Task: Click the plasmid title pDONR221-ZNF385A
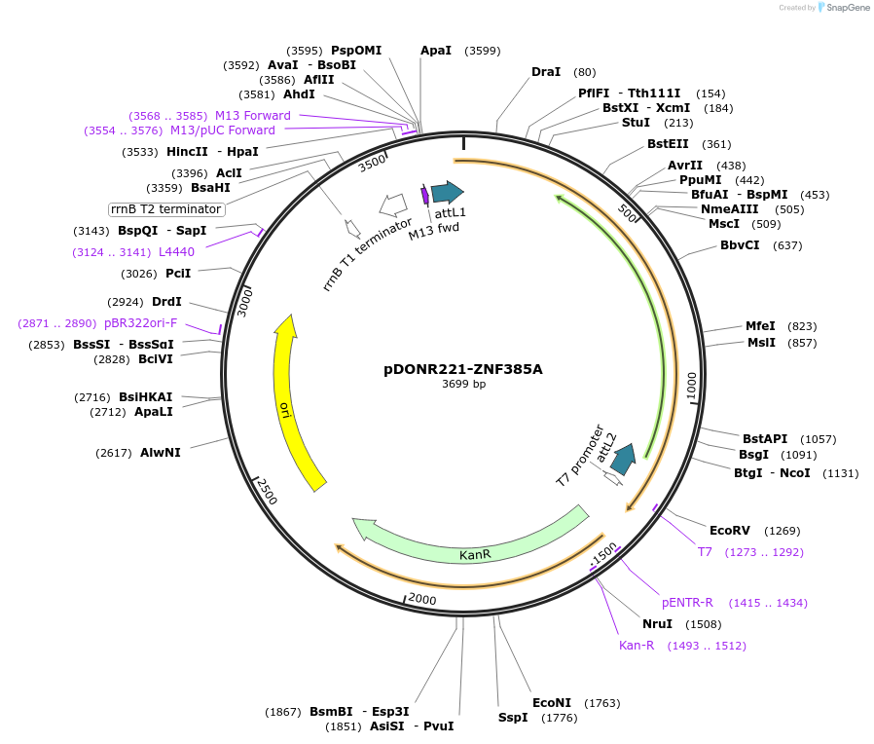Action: coord(463,369)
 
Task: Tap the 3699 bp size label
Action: coord(463,385)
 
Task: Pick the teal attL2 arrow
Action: coord(623,458)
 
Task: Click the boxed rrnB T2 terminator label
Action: coord(166,209)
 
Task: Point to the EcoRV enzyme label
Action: coord(729,531)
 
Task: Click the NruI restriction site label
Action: coord(657,623)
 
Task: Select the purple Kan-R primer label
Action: coord(637,645)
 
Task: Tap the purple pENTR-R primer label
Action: coord(687,602)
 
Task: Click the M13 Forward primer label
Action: coord(253,115)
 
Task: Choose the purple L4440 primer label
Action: coord(176,251)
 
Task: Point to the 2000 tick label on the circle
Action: coord(422,598)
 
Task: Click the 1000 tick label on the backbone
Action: coord(692,386)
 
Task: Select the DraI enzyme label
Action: coord(546,72)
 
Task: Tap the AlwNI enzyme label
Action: coord(160,452)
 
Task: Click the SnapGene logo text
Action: coord(846,8)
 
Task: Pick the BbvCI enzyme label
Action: coord(740,245)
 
